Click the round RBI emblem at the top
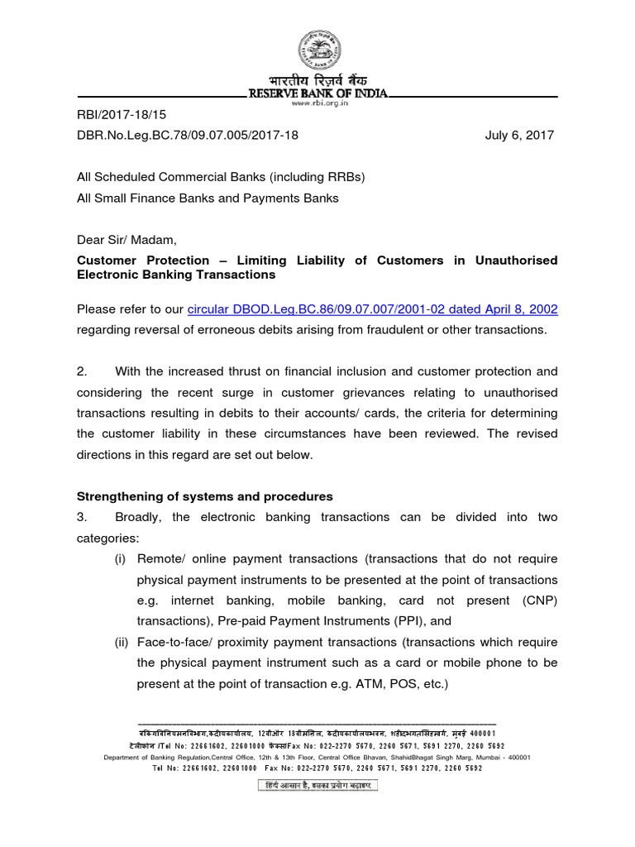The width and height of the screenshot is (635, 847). [317, 49]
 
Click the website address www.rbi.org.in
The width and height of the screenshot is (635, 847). [317, 103]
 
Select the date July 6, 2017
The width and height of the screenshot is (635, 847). [519, 135]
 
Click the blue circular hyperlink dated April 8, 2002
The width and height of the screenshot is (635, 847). [372, 309]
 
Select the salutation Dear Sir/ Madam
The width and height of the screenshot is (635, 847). [127, 240]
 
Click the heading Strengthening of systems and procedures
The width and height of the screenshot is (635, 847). [204, 496]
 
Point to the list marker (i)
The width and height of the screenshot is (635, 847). [121, 558]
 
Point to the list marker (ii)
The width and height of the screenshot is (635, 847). [122, 642]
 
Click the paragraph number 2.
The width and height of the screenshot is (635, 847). [81, 371]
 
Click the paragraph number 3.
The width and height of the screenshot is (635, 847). [81, 517]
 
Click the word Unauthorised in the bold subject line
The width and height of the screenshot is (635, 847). [517, 261]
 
